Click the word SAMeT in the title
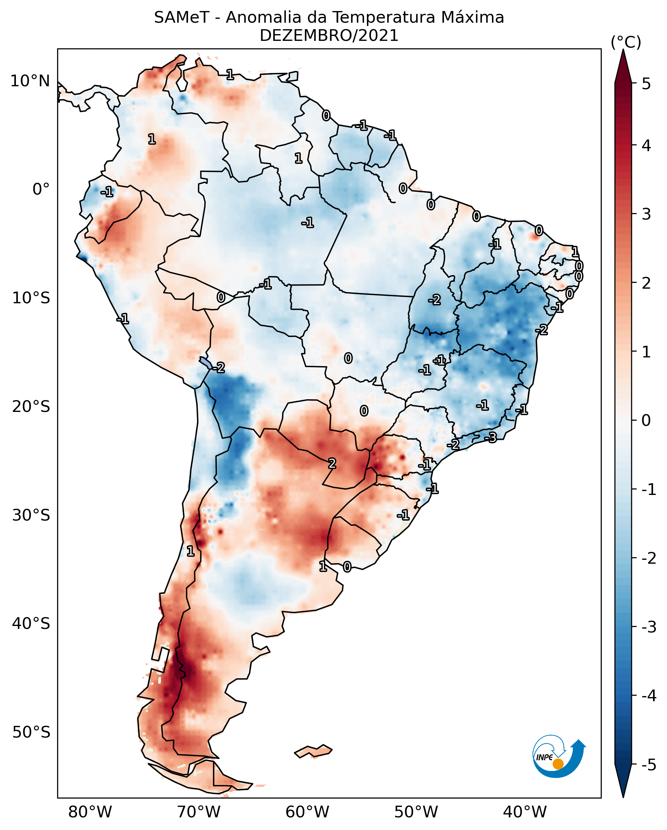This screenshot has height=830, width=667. click(x=182, y=18)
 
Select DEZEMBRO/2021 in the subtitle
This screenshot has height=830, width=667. click(x=329, y=36)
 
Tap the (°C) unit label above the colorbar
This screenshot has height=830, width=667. click(x=626, y=42)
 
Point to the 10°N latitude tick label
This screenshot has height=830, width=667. click(x=30, y=81)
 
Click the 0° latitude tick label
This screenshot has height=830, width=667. click(x=41, y=189)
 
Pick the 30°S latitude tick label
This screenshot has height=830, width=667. click(x=31, y=515)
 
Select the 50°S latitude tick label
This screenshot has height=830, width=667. click(x=31, y=732)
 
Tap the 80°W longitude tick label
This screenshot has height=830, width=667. click(x=90, y=812)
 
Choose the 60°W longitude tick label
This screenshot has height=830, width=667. click(x=307, y=812)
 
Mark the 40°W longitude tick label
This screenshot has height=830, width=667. click(x=524, y=812)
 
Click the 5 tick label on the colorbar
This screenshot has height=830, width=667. click(x=646, y=84)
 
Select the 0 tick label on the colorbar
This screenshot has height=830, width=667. click(x=646, y=420)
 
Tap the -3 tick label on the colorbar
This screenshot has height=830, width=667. click(x=648, y=628)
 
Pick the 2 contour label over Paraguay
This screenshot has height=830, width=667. click(x=332, y=464)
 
